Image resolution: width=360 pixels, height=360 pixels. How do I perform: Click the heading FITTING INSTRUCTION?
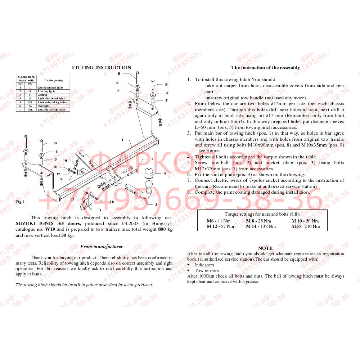(x=102, y=67)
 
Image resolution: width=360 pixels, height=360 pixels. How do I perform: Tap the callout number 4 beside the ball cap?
(x=165, y=173)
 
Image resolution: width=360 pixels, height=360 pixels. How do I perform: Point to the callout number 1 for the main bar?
(x=122, y=140)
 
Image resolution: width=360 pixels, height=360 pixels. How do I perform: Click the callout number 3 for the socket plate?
(x=100, y=210)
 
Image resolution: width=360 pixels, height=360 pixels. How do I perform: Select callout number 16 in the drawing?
(x=112, y=202)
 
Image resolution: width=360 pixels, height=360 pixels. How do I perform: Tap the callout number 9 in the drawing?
(x=66, y=161)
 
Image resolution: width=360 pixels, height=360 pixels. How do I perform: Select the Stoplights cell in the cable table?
(x=44, y=106)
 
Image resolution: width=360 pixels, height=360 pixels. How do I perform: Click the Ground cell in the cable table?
(x=42, y=95)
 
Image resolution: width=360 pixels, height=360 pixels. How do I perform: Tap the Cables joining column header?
(x=54, y=80)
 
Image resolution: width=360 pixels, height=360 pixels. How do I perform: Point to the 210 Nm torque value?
(x=312, y=226)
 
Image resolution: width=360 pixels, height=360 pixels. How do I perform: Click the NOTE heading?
(x=265, y=248)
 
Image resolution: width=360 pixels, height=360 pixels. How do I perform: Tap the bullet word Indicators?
(x=204, y=265)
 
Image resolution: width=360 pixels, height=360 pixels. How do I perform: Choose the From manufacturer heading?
(x=102, y=247)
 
